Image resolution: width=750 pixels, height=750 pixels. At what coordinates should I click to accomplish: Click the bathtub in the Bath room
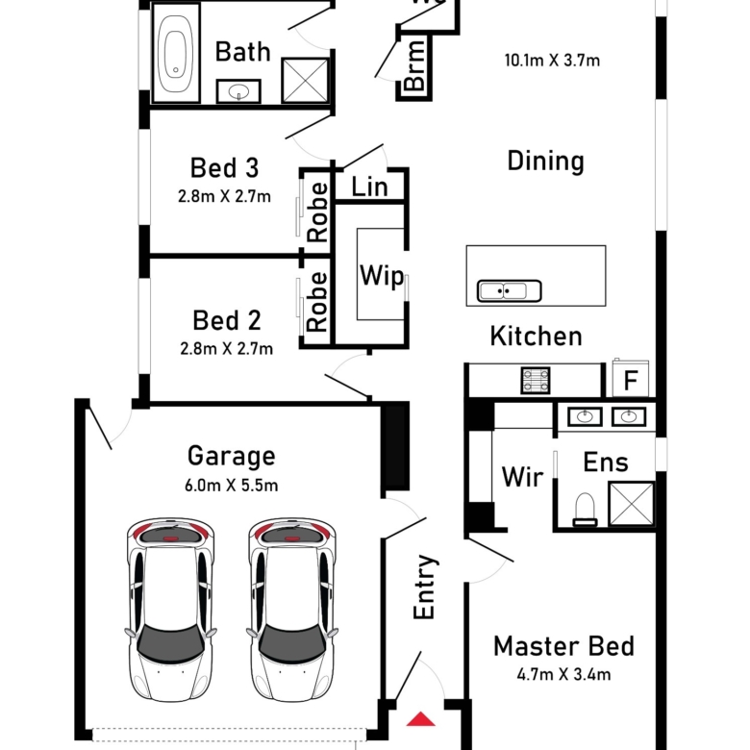click(176, 53)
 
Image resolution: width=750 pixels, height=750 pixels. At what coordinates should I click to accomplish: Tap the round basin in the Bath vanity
click(238, 91)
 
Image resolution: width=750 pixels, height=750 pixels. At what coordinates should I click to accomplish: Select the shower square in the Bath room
click(305, 81)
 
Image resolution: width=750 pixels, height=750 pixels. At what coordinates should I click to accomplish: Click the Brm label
click(414, 65)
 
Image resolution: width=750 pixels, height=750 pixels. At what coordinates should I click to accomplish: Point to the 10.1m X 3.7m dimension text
click(552, 61)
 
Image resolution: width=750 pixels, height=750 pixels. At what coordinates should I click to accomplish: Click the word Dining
click(546, 162)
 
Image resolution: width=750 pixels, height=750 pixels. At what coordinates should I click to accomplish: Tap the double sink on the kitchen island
click(510, 290)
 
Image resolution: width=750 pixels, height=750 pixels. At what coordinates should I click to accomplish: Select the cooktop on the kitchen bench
click(536, 380)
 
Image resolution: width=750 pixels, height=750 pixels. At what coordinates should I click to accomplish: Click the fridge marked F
click(631, 379)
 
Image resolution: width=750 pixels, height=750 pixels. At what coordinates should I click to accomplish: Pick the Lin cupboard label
click(369, 187)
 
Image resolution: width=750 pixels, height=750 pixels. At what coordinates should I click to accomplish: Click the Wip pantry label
click(382, 276)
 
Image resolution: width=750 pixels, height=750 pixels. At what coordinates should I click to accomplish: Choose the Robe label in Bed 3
click(317, 212)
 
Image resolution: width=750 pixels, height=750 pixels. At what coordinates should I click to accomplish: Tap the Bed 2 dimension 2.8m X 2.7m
click(227, 349)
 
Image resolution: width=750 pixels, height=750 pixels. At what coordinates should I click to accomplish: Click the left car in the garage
click(171, 610)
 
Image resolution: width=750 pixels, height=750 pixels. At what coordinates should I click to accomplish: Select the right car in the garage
click(292, 610)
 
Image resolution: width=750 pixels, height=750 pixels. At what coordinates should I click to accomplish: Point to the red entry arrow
click(421, 719)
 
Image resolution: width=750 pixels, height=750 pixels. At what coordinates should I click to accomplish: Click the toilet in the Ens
click(585, 510)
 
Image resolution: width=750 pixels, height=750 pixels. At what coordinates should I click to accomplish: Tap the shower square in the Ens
click(632, 504)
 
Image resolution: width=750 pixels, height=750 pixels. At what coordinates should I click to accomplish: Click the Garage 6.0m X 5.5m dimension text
click(232, 486)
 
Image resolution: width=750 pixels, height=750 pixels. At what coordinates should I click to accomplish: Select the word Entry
click(424, 587)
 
